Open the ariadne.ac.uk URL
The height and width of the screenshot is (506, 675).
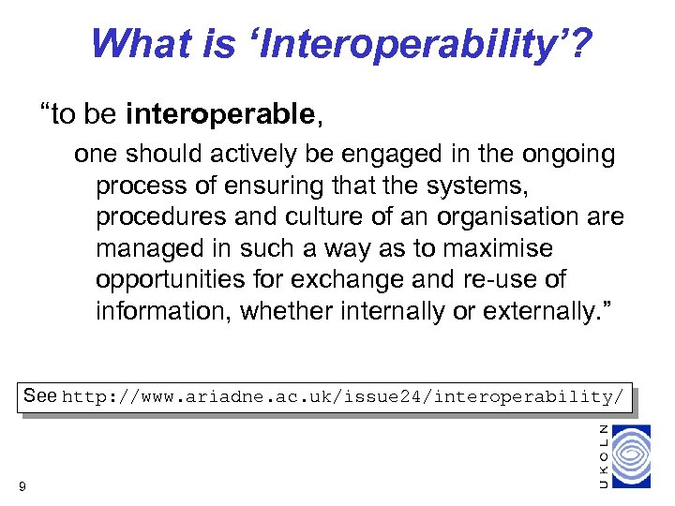coord(342,397)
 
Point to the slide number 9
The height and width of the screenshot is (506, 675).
coord(22,485)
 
